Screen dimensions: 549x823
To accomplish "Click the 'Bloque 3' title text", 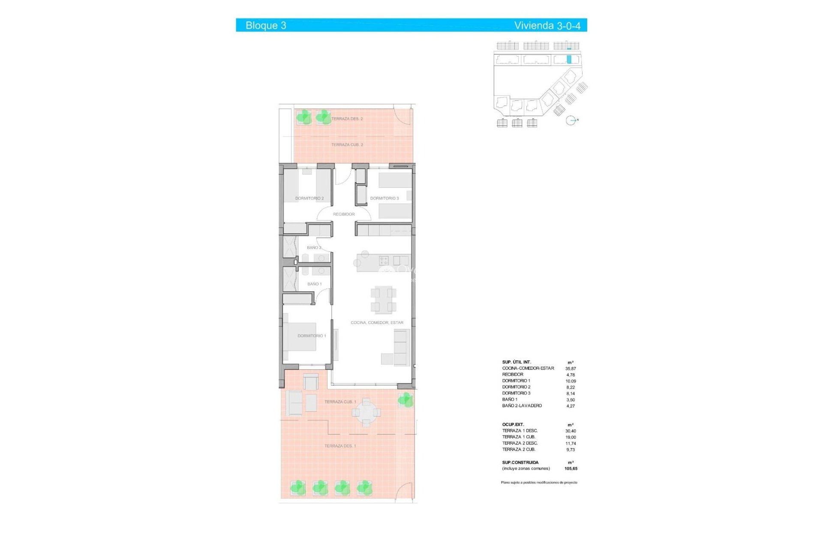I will click(266, 25).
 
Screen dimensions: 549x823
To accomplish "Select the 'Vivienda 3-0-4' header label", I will click(547, 26).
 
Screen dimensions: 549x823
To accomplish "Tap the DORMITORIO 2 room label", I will click(309, 199).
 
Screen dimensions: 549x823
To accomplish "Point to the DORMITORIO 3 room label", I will click(384, 199).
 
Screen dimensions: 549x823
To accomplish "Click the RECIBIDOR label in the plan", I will click(344, 214).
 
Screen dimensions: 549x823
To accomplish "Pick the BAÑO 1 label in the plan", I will click(314, 284).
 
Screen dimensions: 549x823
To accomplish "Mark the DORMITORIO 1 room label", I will click(312, 336).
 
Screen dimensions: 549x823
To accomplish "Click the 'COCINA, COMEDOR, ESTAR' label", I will click(377, 323).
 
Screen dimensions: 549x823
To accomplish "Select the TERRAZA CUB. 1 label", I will click(340, 402).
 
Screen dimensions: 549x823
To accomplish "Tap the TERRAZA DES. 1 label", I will click(340, 446).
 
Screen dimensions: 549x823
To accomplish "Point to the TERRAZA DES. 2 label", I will click(347, 119).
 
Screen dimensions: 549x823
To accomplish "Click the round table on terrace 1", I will click(366, 413).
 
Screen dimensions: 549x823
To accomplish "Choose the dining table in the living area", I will click(384, 299).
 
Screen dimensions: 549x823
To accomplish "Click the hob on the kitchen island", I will click(384, 260).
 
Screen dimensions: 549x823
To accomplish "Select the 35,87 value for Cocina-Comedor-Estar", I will click(571, 368).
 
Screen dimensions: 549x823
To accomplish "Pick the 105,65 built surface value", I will click(571, 469).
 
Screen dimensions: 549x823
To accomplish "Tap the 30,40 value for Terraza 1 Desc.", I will click(571, 431).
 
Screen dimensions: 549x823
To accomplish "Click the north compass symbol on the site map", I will click(571, 121).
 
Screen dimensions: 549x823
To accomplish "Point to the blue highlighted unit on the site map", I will click(569, 60).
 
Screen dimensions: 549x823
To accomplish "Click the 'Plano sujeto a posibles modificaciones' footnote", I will click(539, 483).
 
